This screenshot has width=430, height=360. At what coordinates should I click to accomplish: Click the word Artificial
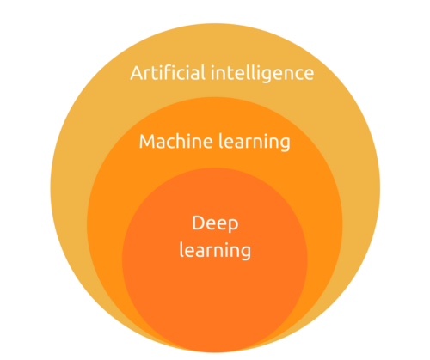click(168, 73)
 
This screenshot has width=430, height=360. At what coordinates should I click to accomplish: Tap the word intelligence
click(262, 74)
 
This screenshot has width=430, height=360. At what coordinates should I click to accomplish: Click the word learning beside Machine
click(255, 142)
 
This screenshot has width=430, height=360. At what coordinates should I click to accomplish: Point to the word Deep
click(215, 223)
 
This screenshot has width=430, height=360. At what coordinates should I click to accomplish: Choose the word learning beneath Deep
click(215, 250)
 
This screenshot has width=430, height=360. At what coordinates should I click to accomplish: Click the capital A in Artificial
click(136, 73)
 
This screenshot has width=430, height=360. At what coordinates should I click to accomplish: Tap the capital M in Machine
click(147, 142)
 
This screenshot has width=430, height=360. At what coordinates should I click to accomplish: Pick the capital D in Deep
click(199, 223)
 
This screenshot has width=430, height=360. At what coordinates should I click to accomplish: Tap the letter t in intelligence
click(231, 74)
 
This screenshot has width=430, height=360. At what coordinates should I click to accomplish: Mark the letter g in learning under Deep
click(246, 253)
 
